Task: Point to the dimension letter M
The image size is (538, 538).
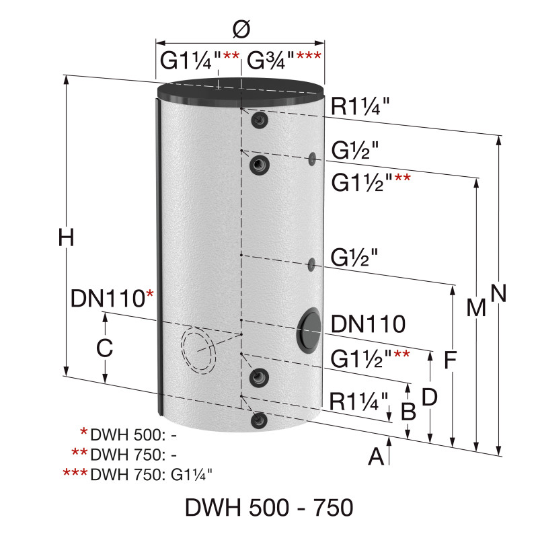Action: click(476, 307)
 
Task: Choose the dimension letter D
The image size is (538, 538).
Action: click(429, 396)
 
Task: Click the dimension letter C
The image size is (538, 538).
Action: click(104, 348)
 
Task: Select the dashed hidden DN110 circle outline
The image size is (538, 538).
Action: click(199, 350)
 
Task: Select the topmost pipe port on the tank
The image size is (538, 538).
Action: click(260, 120)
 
